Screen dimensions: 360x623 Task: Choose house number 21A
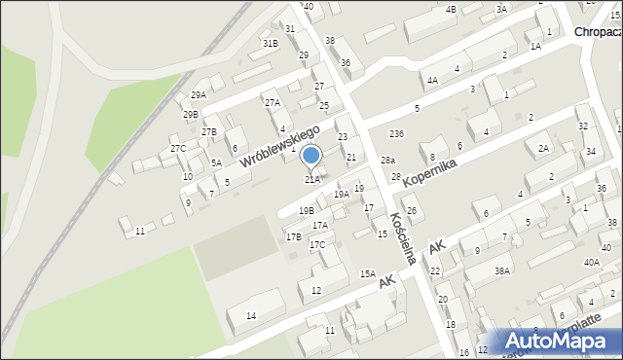pyautogui.click(x=311, y=179)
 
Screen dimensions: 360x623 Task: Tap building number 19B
pyautogui.click(x=306, y=210)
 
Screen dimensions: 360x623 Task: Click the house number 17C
pyautogui.click(x=317, y=244)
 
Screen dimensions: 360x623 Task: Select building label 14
pyautogui.click(x=251, y=315)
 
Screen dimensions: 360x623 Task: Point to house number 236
pyautogui.click(x=396, y=132)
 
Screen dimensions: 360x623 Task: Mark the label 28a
pyautogui.click(x=387, y=160)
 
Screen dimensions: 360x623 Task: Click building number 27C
pyautogui.click(x=178, y=148)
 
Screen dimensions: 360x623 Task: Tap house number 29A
pyautogui.click(x=199, y=94)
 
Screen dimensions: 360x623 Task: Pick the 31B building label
pyautogui.click(x=270, y=43)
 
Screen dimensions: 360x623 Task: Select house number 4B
pyautogui.click(x=450, y=9)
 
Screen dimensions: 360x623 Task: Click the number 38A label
pyautogui.click(x=501, y=271)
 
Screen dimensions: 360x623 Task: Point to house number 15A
pyautogui.click(x=367, y=273)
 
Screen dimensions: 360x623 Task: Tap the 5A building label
pyautogui.click(x=216, y=162)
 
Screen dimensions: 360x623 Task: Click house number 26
pyautogui.click(x=412, y=211)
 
